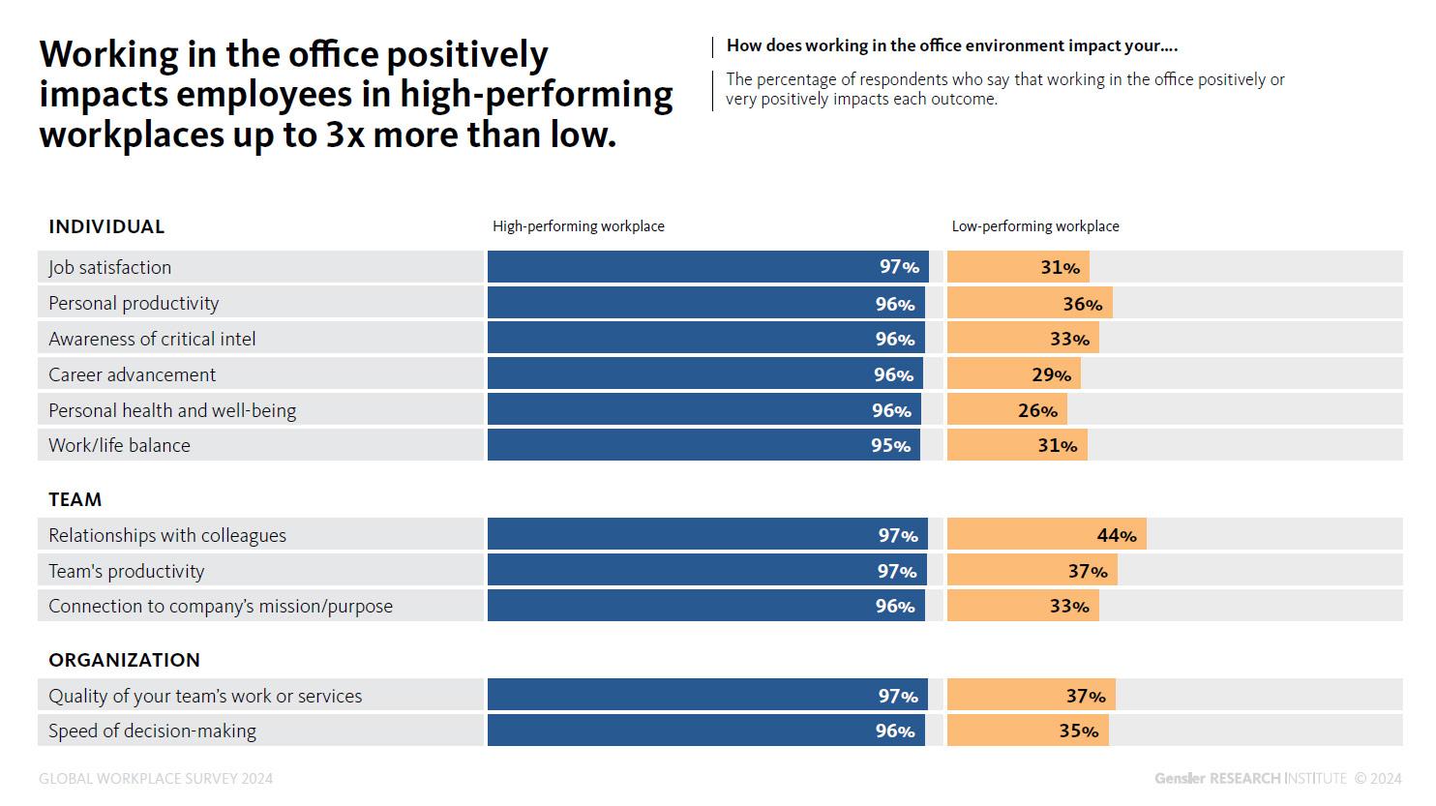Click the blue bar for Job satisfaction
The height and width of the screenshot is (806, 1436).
pos(677,267)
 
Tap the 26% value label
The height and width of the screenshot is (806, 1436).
pos(1037,410)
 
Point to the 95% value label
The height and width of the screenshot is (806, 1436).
pos(890,445)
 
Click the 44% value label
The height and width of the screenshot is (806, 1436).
pos(1117,535)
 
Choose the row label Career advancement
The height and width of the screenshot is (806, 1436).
pos(133,374)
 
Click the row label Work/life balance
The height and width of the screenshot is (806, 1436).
pos(119,445)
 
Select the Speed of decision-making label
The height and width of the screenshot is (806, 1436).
pos(152,731)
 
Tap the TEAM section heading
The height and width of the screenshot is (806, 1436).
pos(75,499)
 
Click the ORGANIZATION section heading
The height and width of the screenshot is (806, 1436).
pos(124,660)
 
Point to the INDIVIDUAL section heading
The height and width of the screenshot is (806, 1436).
pos(106,226)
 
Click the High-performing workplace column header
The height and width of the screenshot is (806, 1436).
pos(578,226)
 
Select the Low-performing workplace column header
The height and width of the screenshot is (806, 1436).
pos(1034,226)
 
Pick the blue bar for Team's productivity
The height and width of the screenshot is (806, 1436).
pos(677,571)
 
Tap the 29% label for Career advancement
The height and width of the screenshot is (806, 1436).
pos(1051,374)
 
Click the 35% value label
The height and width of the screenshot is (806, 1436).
pos(1078,731)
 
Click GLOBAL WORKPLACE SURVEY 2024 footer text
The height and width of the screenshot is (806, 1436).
pos(156,779)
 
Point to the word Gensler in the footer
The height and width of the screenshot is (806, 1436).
pos(1180,778)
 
